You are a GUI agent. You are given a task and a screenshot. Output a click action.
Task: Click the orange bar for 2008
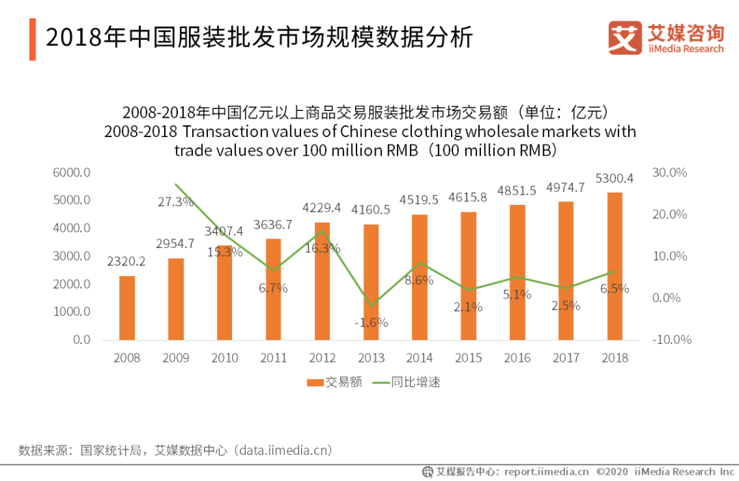click(127, 308)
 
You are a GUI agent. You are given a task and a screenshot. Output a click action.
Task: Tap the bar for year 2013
click(371, 282)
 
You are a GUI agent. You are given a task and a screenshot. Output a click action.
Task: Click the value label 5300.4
click(614, 179)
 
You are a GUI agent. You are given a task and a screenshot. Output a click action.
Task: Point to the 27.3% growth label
click(176, 202)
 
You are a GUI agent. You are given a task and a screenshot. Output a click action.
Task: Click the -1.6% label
click(371, 322)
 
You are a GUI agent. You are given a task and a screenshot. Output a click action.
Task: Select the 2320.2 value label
click(127, 261)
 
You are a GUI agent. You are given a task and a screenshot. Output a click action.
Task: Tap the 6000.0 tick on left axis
click(72, 173)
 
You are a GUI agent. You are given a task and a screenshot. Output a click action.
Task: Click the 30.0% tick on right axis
click(669, 173)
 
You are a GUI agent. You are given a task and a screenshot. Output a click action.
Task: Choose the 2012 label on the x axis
click(322, 358)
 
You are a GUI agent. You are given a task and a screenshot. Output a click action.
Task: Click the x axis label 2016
click(517, 358)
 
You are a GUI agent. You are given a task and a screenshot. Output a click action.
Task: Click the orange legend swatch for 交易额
click(315, 382)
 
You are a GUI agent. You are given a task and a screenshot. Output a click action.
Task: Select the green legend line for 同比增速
click(381, 382)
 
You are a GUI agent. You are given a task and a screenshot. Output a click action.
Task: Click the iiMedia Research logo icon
click(625, 38)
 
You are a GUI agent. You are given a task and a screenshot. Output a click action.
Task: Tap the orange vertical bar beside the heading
click(32, 39)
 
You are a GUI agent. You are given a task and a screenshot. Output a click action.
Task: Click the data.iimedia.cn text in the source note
click(284, 450)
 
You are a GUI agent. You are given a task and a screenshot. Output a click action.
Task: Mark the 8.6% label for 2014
click(419, 280)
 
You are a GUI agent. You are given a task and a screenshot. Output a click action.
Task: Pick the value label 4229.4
click(322, 208)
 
